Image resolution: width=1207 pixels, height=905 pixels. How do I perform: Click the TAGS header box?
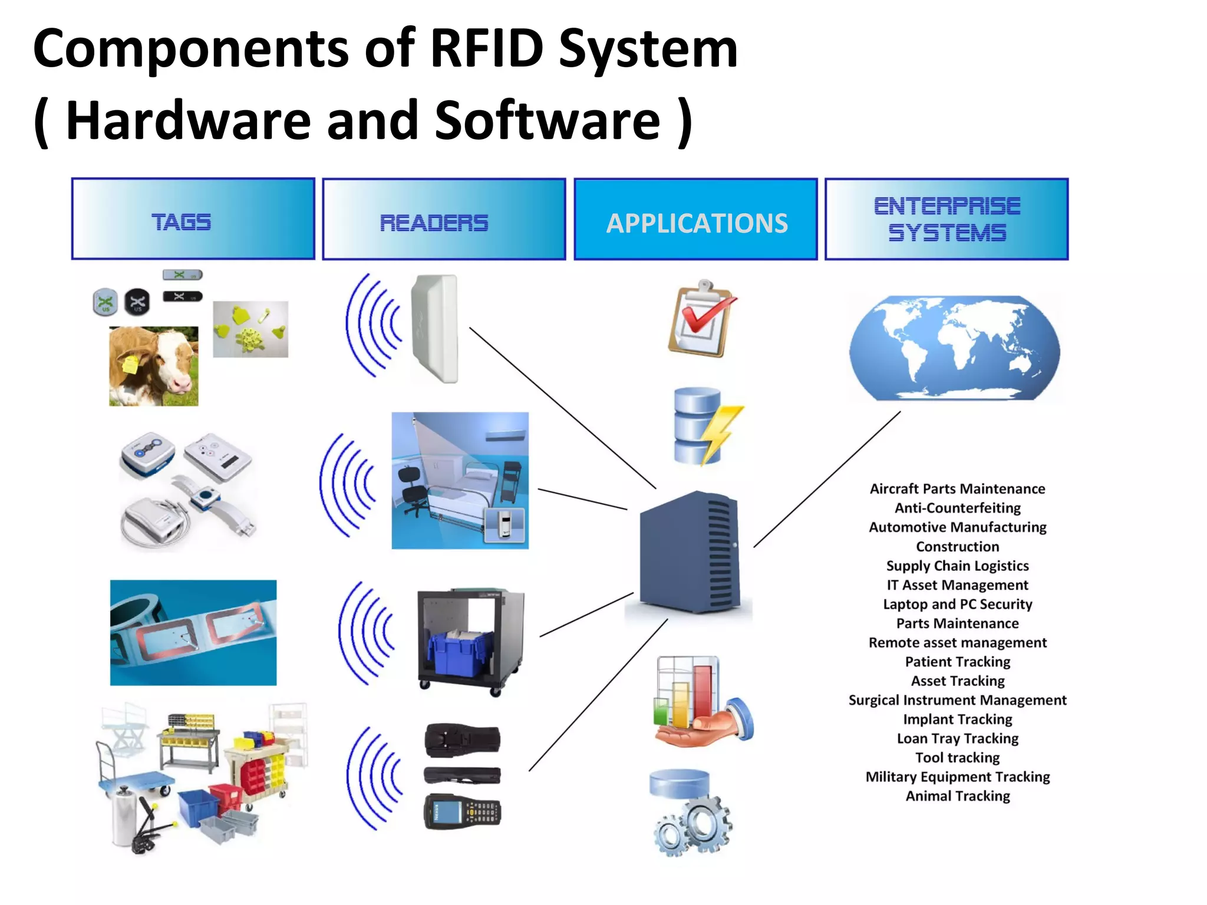click(193, 219)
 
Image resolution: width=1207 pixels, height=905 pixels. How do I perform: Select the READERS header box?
click(444, 219)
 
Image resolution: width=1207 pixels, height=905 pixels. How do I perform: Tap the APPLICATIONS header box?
click(695, 219)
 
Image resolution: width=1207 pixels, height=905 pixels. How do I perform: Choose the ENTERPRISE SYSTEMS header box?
click(947, 219)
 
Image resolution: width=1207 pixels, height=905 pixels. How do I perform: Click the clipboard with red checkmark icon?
click(701, 319)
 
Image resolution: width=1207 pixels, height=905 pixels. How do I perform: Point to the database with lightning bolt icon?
click(704, 425)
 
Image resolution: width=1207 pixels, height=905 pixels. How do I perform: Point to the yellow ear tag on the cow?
click(129, 365)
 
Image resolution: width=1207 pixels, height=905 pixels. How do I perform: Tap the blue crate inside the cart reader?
click(460, 654)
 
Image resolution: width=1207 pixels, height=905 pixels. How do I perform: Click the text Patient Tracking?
click(957, 662)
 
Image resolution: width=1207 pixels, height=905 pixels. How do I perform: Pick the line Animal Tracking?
click(957, 796)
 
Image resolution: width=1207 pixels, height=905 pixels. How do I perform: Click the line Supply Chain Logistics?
click(957, 566)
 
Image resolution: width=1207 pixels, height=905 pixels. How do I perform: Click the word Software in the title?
click(547, 121)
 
